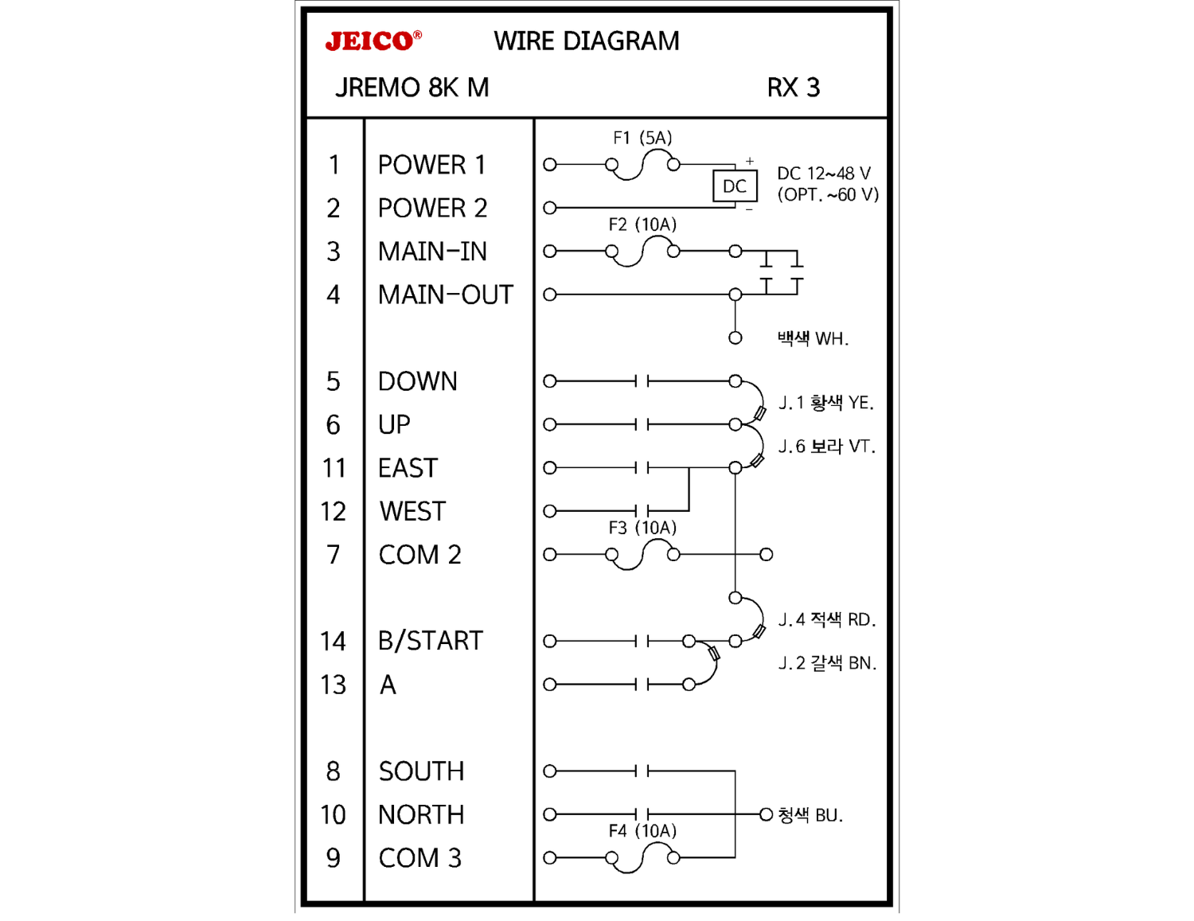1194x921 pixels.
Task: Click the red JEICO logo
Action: [x=372, y=41]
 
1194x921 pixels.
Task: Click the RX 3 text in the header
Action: [x=793, y=88]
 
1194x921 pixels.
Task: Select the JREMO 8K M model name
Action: [x=412, y=88]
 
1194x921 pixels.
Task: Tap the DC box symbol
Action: [x=734, y=186]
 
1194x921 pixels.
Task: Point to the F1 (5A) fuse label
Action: [x=642, y=138]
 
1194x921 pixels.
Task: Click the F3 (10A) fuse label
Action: [x=642, y=528]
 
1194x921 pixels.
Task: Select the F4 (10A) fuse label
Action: [x=642, y=831]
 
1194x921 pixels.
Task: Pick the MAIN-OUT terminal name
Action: [x=445, y=295]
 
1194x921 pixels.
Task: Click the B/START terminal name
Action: [x=430, y=641]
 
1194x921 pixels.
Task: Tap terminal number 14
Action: [x=333, y=642]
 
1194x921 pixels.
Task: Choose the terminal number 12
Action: [x=333, y=512]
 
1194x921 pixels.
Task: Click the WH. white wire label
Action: [x=813, y=339]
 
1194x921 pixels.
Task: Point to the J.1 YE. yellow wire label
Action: [x=825, y=403]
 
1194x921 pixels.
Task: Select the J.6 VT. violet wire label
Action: [x=826, y=447]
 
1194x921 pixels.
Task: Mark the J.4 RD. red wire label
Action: [x=826, y=619]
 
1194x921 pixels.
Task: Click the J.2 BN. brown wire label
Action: [x=826, y=663]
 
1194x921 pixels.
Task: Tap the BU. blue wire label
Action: [x=810, y=815]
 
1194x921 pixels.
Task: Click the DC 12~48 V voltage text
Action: [x=824, y=174]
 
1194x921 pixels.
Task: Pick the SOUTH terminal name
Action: [x=421, y=771]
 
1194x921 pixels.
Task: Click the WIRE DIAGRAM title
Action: [x=587, y=41]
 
